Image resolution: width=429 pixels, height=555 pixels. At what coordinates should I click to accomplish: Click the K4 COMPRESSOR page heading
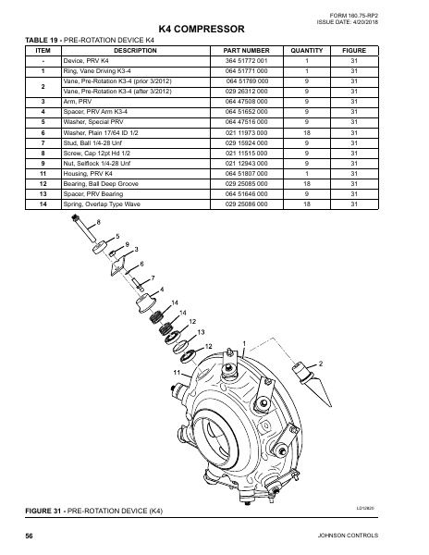click(x=214, y=30)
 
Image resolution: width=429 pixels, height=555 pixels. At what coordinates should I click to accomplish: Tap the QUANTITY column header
click(x=305, y=50)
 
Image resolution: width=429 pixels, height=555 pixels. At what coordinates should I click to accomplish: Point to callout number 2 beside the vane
click(x=320, y=362)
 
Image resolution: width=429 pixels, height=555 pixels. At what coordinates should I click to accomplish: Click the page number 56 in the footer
click(x=30, y=537)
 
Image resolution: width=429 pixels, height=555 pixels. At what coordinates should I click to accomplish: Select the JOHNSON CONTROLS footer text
click(x=374, y=537)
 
